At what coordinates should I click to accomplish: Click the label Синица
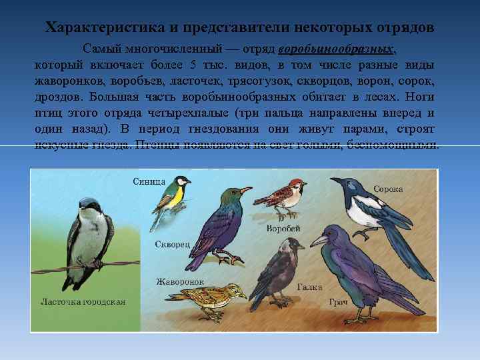(x=149, y=181)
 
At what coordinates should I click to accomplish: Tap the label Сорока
(x=388, y=189)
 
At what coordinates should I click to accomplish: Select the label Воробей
(x=283, y=229)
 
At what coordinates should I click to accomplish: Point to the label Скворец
(x=173, y=244)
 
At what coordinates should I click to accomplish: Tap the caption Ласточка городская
(x=83, y=301)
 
